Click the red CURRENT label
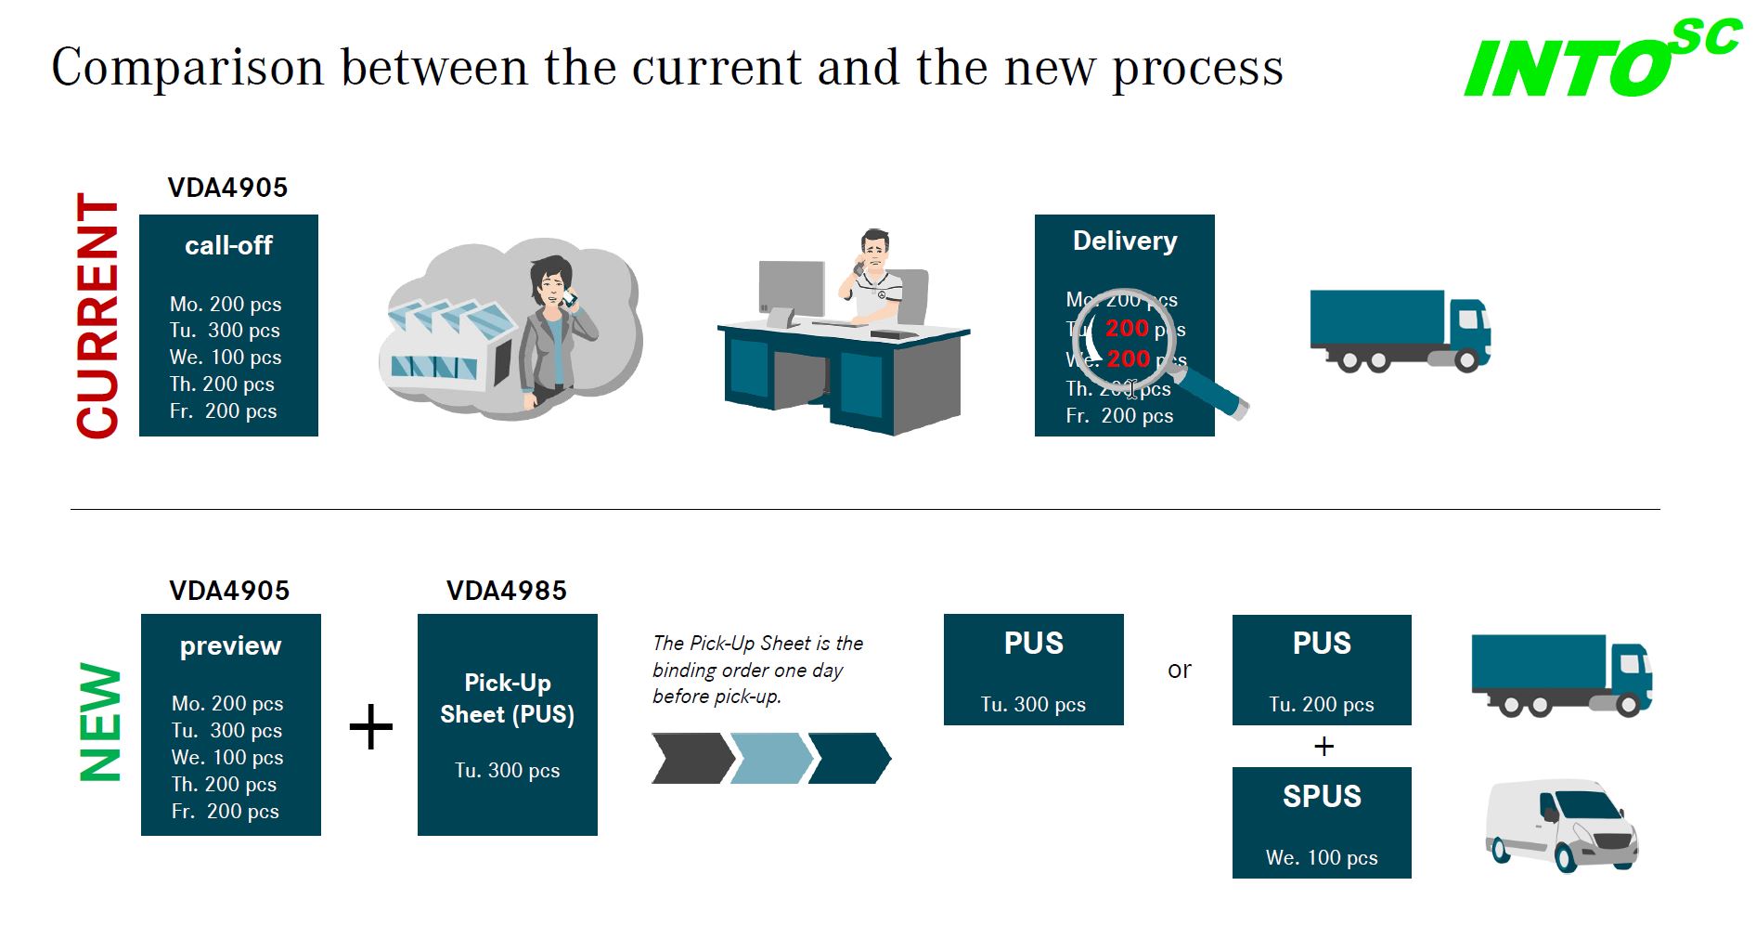click(98, 316)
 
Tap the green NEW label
click(101, 723)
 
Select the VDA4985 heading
click(506, 591)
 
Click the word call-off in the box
click(228, 246)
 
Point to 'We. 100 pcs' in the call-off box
click(226, 358)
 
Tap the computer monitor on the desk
click(791, 290)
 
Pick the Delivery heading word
click(1125, 241)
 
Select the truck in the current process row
click(1400, 330)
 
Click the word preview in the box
click(230, 646)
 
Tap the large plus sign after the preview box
click(371, 726)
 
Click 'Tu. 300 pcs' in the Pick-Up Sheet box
click(507, 771)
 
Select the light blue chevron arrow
click(770, 758)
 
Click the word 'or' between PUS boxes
click(1179, 671)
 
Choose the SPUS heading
click(1322, 797)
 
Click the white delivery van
click(1561, 825)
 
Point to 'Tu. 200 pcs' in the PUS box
click(1322, 705)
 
